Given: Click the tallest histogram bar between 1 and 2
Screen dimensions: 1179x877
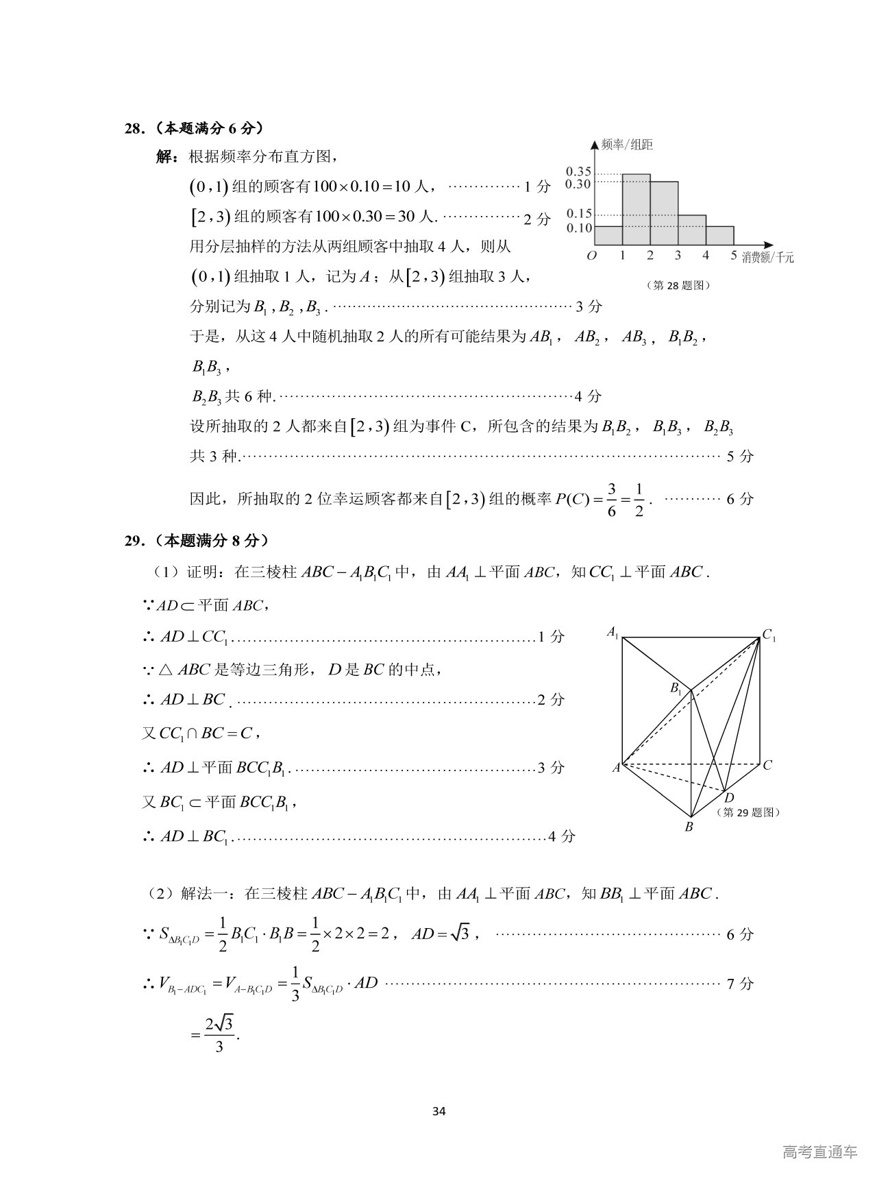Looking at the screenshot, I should pos(636,209).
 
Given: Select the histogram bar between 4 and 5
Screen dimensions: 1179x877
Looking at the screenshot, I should pos(719,235).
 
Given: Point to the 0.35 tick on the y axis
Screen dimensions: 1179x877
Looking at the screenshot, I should pos(578,172).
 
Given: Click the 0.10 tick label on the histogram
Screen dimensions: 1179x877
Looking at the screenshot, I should pos(578,228).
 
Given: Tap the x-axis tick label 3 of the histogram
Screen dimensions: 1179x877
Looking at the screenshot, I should pos(678,256).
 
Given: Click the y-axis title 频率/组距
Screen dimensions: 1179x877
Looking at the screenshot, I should pos(627,145).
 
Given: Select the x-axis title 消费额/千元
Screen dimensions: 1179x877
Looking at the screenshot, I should pos(767,258).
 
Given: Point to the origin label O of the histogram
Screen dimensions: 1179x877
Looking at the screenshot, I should pos(592,256).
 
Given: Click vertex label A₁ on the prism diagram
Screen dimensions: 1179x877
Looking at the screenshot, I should pos(613,632).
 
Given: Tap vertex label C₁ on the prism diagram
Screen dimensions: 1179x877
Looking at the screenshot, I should pos(769,636).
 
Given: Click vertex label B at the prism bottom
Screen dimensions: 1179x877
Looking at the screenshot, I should pos(689,827).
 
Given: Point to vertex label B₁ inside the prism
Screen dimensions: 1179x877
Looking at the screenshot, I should pos(676,688).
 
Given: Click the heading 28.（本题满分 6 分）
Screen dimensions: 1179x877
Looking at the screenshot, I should pos(195,128).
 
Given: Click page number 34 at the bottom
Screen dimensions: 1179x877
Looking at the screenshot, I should pos(439,1111).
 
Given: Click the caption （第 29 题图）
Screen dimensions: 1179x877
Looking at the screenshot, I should pos(748,812).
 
